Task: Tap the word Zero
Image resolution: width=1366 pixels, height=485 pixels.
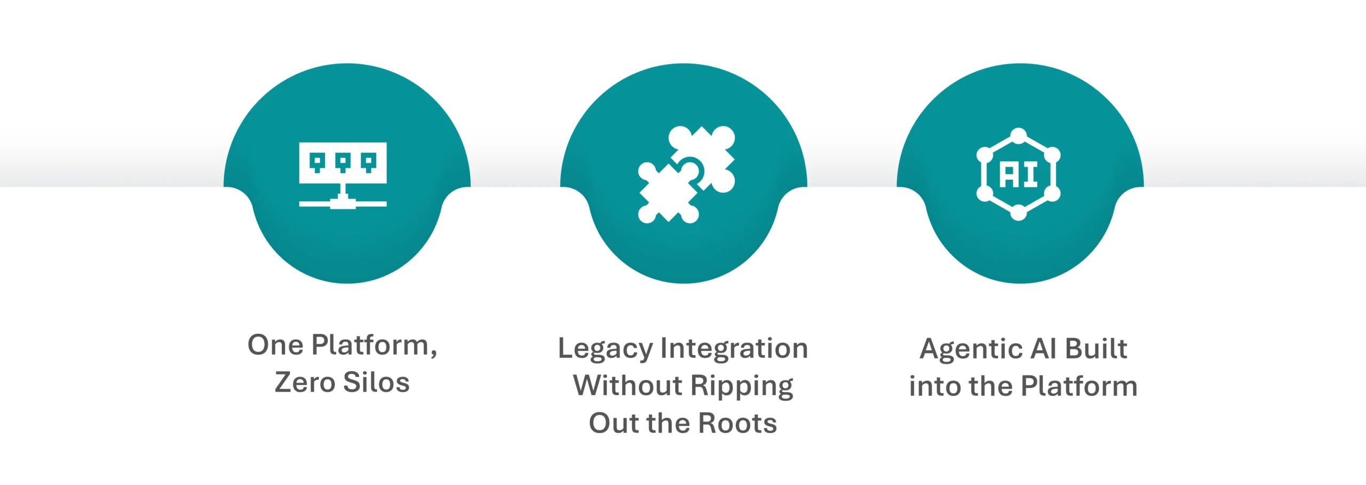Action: pos(305,382)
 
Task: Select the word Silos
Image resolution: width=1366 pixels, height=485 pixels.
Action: pos(376,382)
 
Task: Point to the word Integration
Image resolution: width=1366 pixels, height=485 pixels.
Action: pos(734,349)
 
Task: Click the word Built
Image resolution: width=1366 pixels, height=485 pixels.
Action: pos(1096,349)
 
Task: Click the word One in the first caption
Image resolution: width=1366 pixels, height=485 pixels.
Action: pos(276,345)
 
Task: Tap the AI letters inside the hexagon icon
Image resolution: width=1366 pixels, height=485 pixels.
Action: pos(1019,175)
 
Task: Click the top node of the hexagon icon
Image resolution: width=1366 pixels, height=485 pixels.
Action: pos(1019,136)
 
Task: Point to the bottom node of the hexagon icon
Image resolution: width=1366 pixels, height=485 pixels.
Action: pos(1019,213)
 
